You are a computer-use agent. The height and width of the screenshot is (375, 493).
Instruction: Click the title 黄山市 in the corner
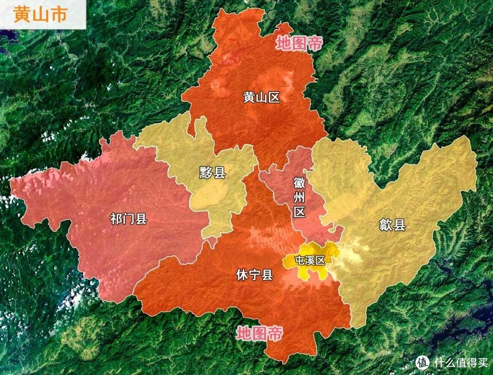40,14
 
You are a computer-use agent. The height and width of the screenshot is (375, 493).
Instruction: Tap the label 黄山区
261,97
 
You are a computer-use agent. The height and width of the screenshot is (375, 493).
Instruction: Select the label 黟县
213,173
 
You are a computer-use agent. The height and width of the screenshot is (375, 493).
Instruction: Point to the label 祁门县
128,219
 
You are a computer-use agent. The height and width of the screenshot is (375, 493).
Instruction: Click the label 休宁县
254,275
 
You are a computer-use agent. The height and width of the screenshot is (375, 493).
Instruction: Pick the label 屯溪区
310,261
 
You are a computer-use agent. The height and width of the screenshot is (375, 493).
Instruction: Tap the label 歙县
392,225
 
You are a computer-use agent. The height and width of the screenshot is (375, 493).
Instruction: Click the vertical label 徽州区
299,198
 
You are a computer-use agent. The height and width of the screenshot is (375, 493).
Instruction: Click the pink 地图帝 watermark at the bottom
259,334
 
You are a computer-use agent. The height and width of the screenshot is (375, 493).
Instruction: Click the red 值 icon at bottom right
423,363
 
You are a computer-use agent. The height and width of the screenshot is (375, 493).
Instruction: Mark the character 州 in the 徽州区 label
299,198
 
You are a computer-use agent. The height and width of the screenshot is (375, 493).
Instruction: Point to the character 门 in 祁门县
128,219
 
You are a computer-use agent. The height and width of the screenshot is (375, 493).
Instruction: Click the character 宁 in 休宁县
254,275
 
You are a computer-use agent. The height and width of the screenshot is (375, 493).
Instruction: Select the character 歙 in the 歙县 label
386,225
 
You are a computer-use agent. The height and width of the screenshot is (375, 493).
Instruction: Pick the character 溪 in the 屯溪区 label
310,261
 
